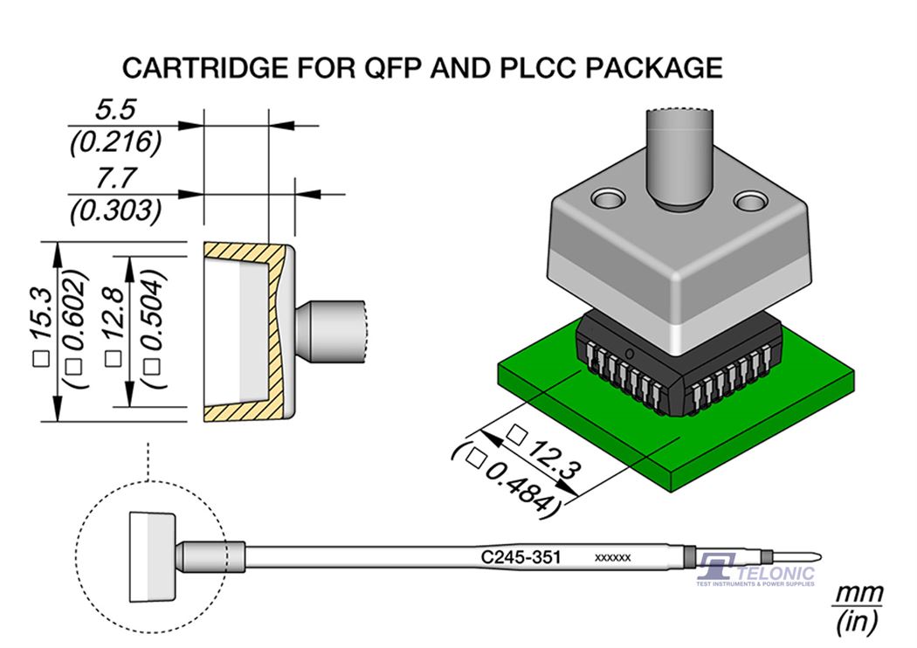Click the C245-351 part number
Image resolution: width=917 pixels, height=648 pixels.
(521, 556)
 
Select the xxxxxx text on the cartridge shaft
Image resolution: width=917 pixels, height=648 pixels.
(613, 557)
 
